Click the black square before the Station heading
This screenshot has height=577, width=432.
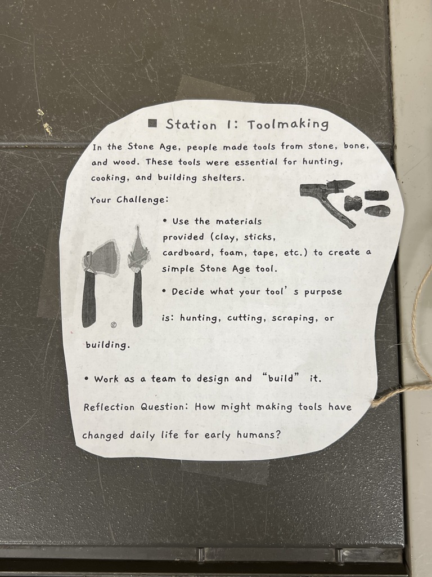(x=152, y=123)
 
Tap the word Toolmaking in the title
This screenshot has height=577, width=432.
(x=287, y=125)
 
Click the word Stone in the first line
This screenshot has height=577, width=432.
(x=141, y=147)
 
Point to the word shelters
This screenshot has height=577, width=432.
(x=223, y=177)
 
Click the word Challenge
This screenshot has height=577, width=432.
(x=142, y=200)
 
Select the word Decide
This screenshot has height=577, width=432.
(x=188, y=291)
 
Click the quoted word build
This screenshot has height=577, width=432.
(x=281, y=378)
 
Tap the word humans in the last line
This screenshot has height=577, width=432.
(x=258, y=435)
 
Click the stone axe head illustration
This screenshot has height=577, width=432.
(x=102, y=258)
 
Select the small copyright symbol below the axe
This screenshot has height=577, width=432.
(x=114, y=325)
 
